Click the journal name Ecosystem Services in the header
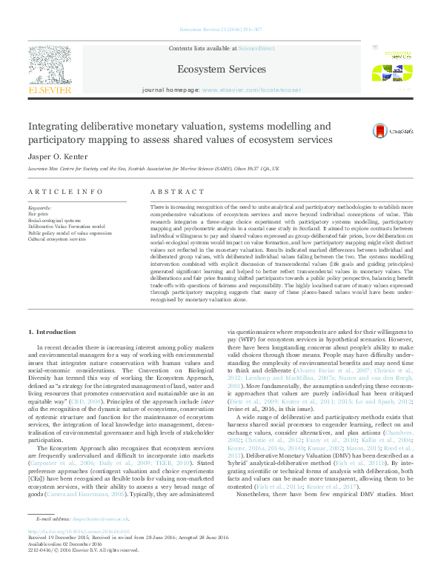click(x=220, y=70)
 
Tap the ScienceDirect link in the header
click(x=253, y=47)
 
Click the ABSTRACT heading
click(x=177, y=191)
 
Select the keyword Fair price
click(x=39, y=213)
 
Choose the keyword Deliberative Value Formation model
click(x=66, y=226)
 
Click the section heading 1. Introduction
click(x=51, y=331)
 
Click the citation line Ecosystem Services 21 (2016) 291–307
click(x=219, y=30)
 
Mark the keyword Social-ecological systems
click(x=55, y=220)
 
